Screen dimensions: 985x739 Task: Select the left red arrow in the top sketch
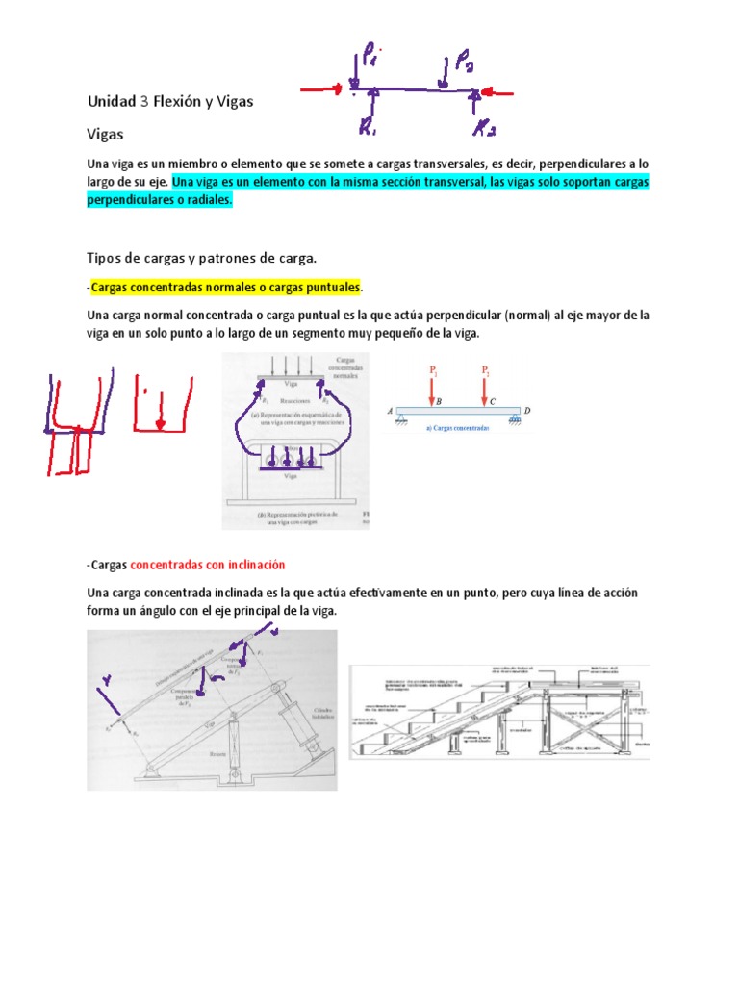point(323,90)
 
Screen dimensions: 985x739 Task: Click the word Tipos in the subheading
point(105,258)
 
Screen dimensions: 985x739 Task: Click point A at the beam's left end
point(392,410)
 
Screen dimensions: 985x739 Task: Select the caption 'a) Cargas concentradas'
point(456,425)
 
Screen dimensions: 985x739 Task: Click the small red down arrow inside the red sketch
point(161,420)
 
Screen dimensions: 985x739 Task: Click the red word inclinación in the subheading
point(253,564)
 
